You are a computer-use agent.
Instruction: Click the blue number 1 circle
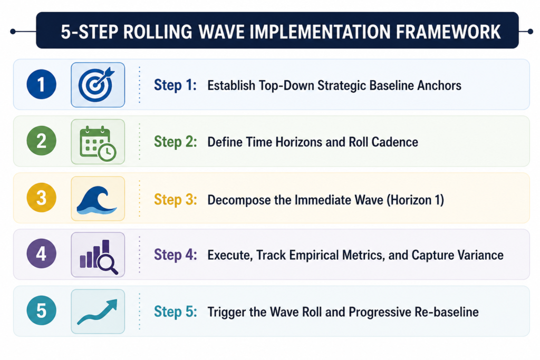point(41,84)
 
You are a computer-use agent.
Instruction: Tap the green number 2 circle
point(41,141)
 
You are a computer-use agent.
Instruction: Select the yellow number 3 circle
point(41,198)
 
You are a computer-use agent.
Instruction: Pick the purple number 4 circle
point(41,254)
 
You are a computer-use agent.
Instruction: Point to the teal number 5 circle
point(41,310)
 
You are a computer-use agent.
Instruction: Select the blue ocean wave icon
point(97,200)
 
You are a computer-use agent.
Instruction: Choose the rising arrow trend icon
point(98,312)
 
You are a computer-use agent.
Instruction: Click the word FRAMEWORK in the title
point(448,32)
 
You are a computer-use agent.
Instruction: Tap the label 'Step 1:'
point(175,85)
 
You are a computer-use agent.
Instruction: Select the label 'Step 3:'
point(175,200)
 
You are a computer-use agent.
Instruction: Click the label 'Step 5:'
point(175,312)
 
